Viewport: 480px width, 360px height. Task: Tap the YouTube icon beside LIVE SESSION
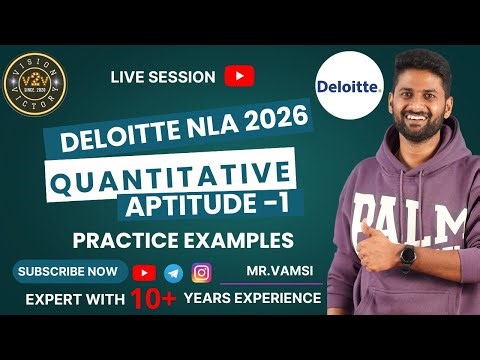(x=239, y=76)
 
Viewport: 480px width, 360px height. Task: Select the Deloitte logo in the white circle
(x=347, y=87)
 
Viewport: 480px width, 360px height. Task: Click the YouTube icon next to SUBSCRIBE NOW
(x=145, y=272)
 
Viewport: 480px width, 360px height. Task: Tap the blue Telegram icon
(x=174, y=272)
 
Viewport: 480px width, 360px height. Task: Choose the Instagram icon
(x=201, y=272)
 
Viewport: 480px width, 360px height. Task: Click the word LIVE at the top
(x=128, y=76)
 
